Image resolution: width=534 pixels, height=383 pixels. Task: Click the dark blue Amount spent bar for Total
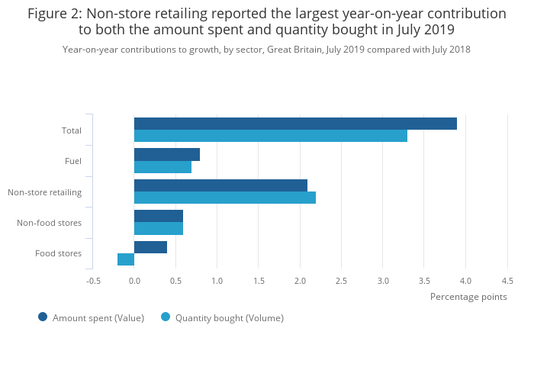tap(295, 124)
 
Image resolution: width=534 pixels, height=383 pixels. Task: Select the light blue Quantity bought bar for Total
tap(271, 136)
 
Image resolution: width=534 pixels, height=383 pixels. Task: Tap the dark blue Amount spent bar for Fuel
tap(167, 155)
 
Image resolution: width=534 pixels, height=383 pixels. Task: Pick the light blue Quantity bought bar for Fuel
tap(162, 167)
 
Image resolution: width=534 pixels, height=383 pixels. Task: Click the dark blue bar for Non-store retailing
tap(220, 185)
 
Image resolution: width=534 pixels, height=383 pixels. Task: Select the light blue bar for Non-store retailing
tap(225, 198)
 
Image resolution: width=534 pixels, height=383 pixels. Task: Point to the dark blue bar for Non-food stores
tap(159, 216)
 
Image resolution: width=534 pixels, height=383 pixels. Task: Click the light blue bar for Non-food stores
tap(159, 228)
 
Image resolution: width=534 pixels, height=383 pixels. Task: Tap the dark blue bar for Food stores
tap(150, 247)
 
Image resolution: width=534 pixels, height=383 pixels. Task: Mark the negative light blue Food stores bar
tap(126, 259)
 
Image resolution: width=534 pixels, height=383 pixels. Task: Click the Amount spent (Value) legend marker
tap(43, 317)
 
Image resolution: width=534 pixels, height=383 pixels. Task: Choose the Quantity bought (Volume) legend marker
tap(166, 317)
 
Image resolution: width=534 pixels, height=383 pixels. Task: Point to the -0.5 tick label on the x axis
tap(93, 281)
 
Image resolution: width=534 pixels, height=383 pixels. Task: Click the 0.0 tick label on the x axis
tap(134, 281)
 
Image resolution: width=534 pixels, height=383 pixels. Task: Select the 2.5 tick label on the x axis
tap(341, 281)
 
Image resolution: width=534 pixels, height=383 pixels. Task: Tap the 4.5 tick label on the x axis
tap(507, 281)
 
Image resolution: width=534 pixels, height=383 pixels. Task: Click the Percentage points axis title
tap(468, 297)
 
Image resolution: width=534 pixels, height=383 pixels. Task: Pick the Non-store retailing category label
tap(44, 192)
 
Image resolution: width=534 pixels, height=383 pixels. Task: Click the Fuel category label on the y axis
tap(73, 161)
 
